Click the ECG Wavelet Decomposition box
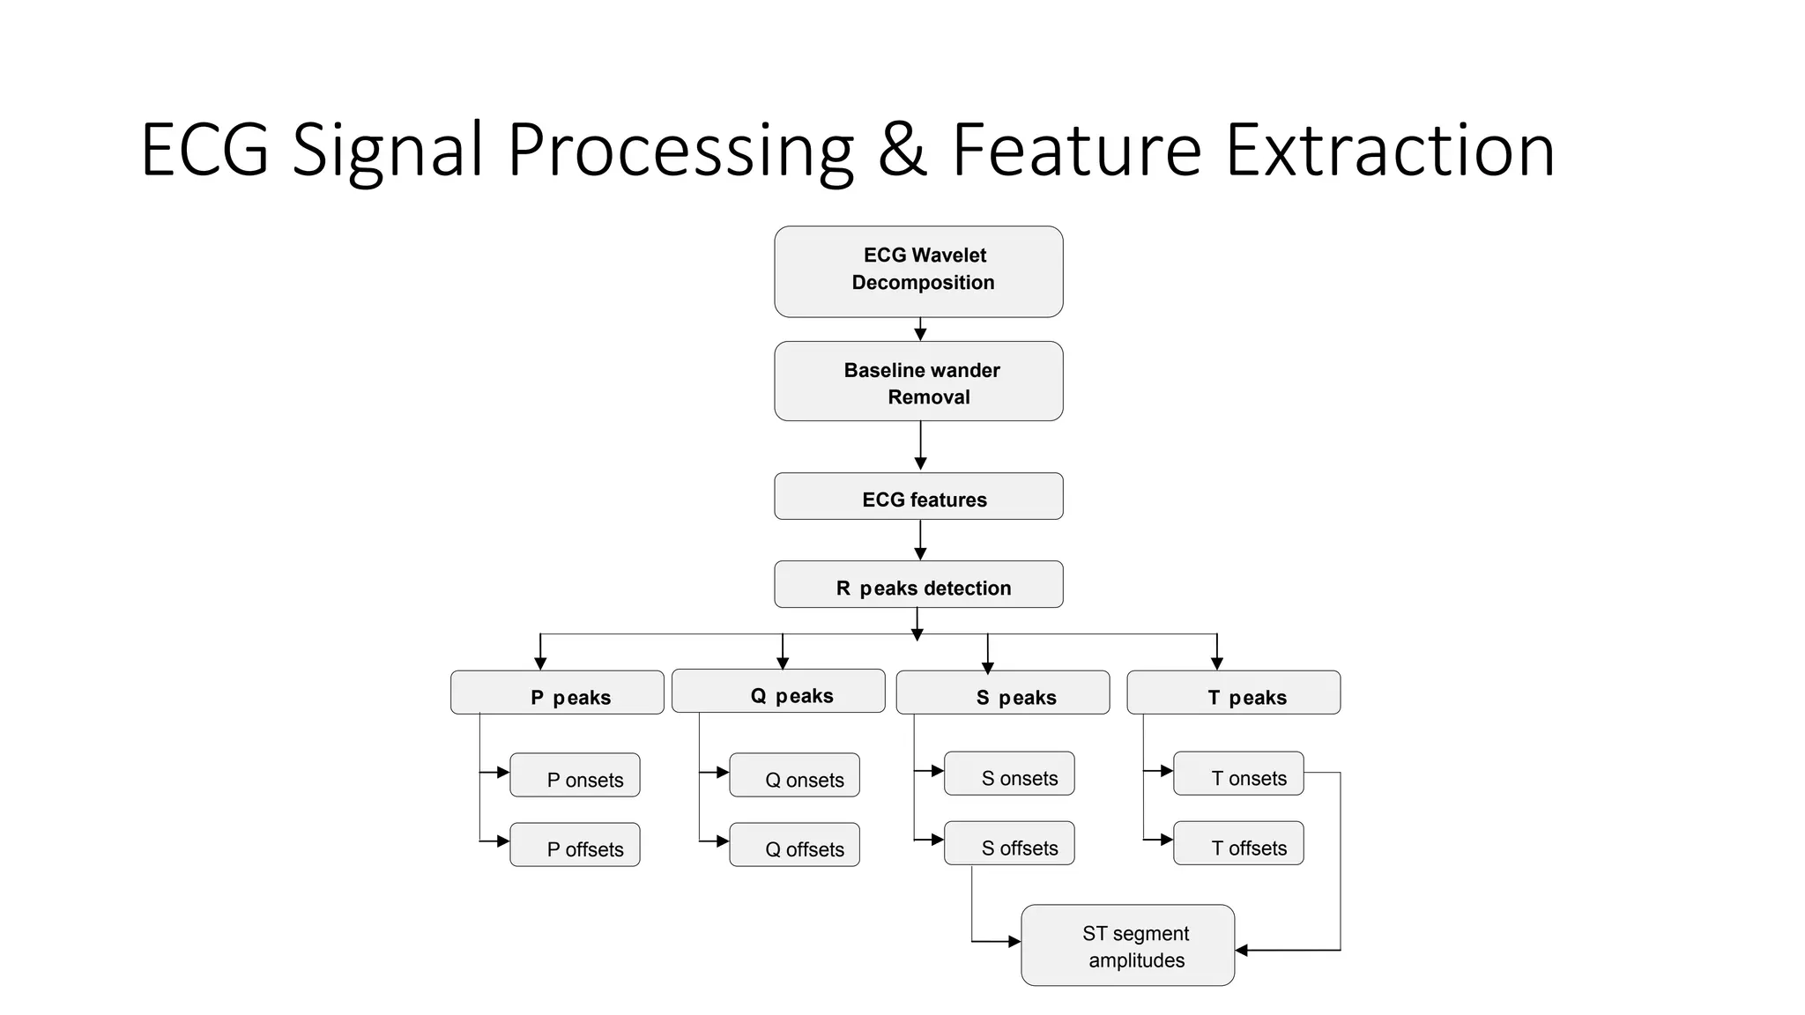pyautogui.click(x=918, y=271)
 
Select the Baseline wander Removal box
pyautogui.click(x=918, y=381)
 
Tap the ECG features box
pyautogui.click(x=918, y=496)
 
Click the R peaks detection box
pyautogui.click(x=918, y=584)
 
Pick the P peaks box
pyautogui.click(x=557, y=693)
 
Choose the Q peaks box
pyautogui.click(x=778, y=691)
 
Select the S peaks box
pyautogui.click(x=1002, y=693)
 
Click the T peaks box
pyautogui.click(x=1233, y=693)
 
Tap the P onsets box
pyautogui.click(x=575, y=775)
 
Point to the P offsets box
pyautogui.click(x=575, y=845)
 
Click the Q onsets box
pyautogui.click(x=794, y=775)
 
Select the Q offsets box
pyautogui.click(x=794, y=845)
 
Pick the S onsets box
pyautogui.click(x=1009, y=774)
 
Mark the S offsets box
pyautogui.click(x=1009, y=843)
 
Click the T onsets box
pyautogui.click(x=1238, y=774)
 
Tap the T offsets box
pyautogui.click(x=1238, y=843)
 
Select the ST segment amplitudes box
pyautogui.click(x=1127, y=945)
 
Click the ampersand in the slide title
pyautogui.click(x=902, y=151)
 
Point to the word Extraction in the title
pyautogui.click(x=1390, y=151)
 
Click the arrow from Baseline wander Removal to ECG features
pyautogui.click(x=920, y=447)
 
